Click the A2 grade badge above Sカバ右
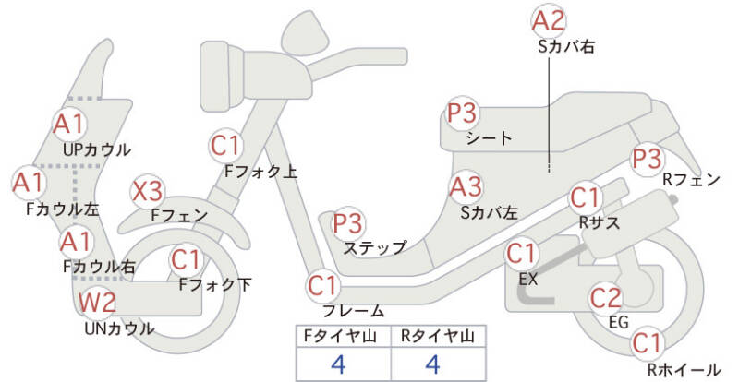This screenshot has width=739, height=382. [549, 21]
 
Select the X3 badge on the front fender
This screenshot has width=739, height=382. [148, 192]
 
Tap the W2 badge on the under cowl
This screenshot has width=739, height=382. [97, 302]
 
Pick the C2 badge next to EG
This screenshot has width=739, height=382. [607, 298]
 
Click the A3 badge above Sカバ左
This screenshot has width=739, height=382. [466, 187]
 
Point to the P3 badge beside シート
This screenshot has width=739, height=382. [464, 113]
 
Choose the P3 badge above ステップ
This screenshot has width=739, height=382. [348, 223]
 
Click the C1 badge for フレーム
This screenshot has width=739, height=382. [323, 285]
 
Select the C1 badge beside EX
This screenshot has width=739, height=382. [522, 255]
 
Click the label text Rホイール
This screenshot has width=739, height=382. [684, 369]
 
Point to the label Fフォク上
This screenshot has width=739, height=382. [260, 172]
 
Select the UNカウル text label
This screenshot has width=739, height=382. [119, 328]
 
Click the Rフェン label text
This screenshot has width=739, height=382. [691, 179]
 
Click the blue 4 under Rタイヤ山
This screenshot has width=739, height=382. [432, 364]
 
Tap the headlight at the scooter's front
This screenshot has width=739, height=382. [223, 77]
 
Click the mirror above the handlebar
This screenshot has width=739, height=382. [306, 33]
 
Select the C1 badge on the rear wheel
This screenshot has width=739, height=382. [648, 343]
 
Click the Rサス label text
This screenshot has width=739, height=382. [599, 222]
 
